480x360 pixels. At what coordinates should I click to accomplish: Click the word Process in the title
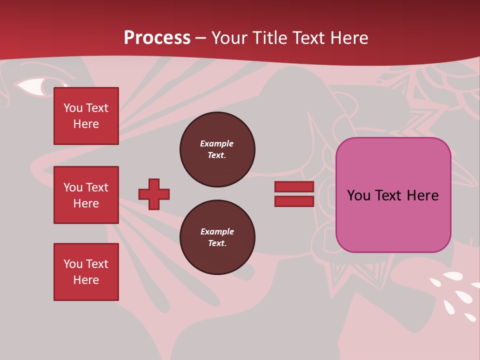pyautogui.click(x=157, y=38)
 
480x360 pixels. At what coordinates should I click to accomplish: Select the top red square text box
pyautogui.click(x=86, y=116)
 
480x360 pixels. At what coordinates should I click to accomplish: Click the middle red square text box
pyautogui.click(x=86, y=195)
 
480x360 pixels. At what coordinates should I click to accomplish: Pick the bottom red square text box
pyautogui.click(x=86, y=272)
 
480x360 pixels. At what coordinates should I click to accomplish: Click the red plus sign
pyautogui.click(x=154, y=194)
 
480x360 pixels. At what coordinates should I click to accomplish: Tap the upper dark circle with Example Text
pyautogui.click(x=217, y=149)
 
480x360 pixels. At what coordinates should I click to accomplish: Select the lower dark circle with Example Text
pyautogui.click(x=217, y=237)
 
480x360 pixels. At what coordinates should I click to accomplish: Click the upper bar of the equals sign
pyautogui.click(x=294, y=187)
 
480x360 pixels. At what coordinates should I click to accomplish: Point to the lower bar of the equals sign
pyautogui.click(x=294, y=201)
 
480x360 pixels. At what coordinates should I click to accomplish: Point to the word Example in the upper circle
pyautogui.click(x=216, y=143)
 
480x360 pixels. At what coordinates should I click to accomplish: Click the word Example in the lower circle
pyautogui.click(x=217, y=231)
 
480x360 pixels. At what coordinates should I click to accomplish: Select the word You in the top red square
pyautogui.click(x=72, y=108)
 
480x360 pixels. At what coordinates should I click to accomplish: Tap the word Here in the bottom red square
pyautogui.click(x=86, y=280)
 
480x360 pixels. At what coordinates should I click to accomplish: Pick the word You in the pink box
pyautogui.click(x=358, y=195)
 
